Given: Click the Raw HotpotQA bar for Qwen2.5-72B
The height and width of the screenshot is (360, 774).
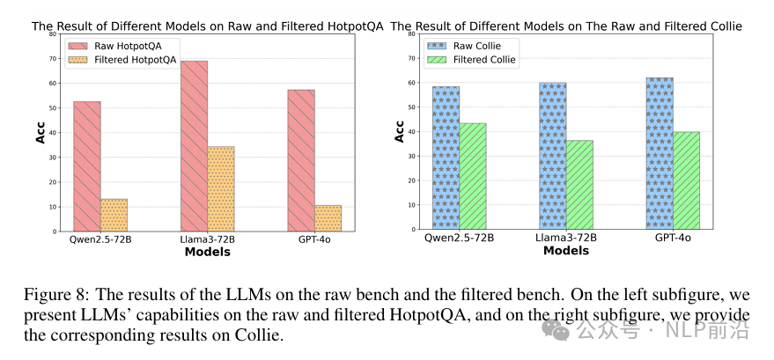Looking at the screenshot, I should point(86,166).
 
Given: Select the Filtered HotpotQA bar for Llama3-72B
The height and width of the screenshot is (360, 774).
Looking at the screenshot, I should point(220,189).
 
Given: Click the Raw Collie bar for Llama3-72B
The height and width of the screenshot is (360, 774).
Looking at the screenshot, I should point(553,156).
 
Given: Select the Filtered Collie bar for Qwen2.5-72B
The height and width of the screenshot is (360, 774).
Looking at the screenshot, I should point(472,176).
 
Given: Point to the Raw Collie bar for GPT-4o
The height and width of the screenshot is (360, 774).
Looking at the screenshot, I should point(660,153).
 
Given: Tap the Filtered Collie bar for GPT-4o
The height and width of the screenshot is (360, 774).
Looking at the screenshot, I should point(686,180).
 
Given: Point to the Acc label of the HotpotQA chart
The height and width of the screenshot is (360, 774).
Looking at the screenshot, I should point(41,133).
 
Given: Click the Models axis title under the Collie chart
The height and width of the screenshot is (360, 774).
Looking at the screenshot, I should point(566,251).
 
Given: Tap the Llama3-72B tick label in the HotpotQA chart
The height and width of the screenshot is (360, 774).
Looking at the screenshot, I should point(208,239).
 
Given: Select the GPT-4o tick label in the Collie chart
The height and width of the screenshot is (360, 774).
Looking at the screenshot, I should point(674,238).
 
